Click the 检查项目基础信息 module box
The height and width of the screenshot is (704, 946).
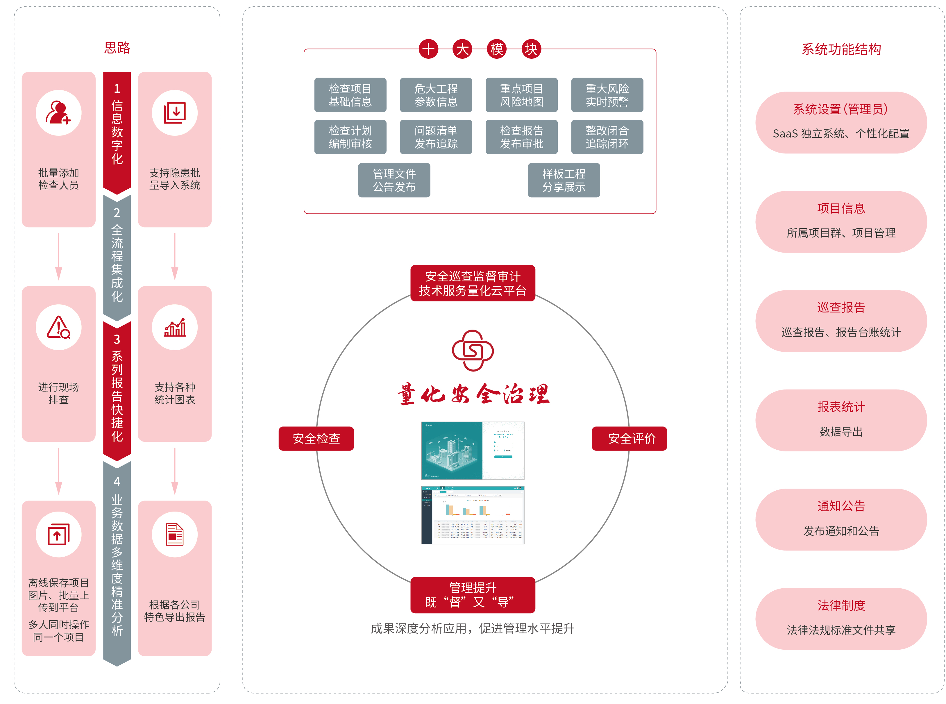(350, 95)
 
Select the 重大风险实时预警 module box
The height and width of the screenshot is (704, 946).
(607, 95)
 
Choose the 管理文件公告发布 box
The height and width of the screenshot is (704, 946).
(394, 180)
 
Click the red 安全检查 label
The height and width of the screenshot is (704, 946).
(316, 439)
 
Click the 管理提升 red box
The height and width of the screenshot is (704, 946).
(473, 595)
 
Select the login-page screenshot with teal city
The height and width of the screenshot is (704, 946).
(473, 451)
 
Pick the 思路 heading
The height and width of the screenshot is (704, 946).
(117, 48)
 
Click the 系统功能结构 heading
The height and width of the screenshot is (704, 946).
(841, 49)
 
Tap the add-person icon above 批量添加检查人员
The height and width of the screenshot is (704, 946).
(58, 113)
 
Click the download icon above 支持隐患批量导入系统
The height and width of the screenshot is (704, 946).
(175, 113)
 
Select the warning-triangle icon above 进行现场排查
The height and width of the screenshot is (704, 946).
(58, 327)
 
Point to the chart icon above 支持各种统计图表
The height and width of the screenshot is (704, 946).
(175, 327)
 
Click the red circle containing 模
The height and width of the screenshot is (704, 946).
(496, 49)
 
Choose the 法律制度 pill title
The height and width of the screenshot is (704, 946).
(841, 605)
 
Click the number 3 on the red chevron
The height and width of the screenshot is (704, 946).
(117, 339)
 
